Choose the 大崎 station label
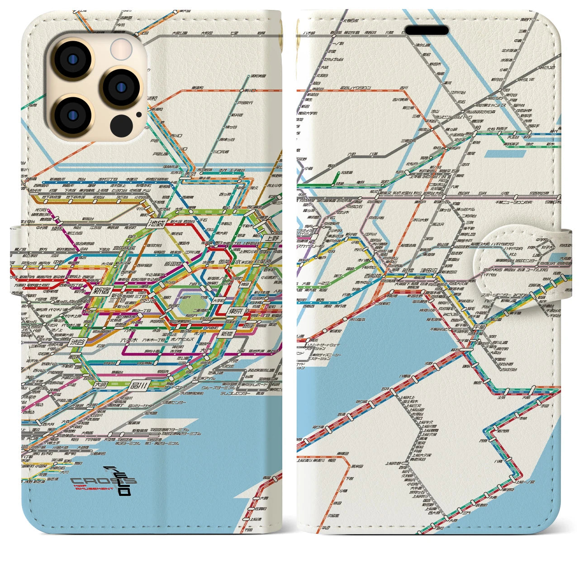pos(102,384)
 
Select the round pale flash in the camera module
pos(122,49)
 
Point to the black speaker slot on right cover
pos(427,30)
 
